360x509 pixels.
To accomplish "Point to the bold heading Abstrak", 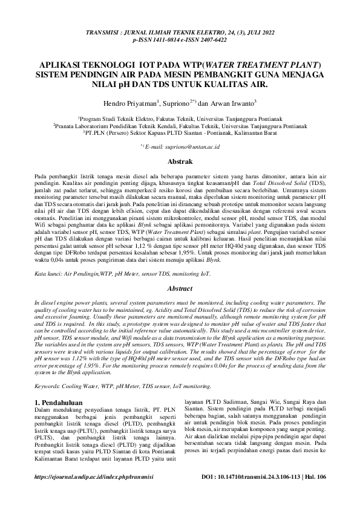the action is (180, 161).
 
